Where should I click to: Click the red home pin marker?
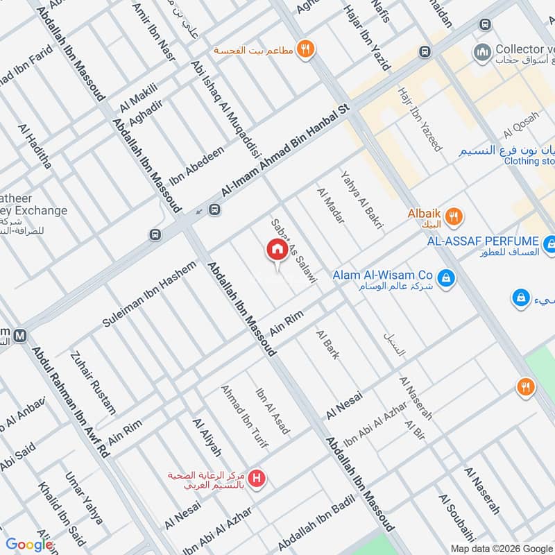pos(277,250)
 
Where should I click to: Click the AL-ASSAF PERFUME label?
pos(483,241)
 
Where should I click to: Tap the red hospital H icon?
pos(258,478)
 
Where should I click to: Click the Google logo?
pos(29,545)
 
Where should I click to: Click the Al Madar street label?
pos(330,210)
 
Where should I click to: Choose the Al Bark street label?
pos(327,345)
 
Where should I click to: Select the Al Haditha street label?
pos(35,146)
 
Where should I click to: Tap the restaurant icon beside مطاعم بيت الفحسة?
pos(305,49)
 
